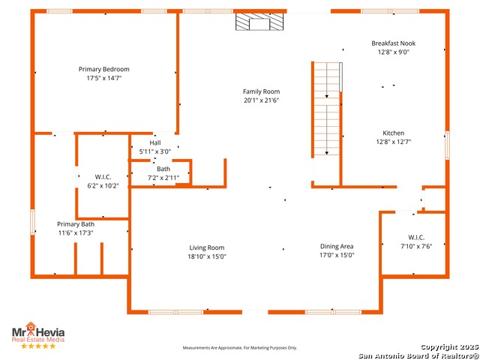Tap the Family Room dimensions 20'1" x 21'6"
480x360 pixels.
click(x=262, y=100)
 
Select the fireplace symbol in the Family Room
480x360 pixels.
click(x=259, y=22)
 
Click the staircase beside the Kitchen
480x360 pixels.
click(x=327, y=109)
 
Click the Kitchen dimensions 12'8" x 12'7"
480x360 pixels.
click(x=393, y=142)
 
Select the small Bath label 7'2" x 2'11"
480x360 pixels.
click(x=163, y=173)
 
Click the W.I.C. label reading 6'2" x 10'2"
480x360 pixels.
click(x=103, y=181)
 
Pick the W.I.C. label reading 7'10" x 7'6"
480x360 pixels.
click(x=416, y=241)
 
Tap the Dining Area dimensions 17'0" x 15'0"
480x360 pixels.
click(x=337, y=255)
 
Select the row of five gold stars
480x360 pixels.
click(x=38, y=346)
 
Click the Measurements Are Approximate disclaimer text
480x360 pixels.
click(x=240, y=348)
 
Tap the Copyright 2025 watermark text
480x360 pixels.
click(x=449, y=346)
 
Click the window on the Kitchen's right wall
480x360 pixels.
click(x=447, y=145)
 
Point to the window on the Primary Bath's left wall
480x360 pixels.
click(x=33, y=222)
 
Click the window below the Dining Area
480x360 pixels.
click(x=333, y=312)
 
